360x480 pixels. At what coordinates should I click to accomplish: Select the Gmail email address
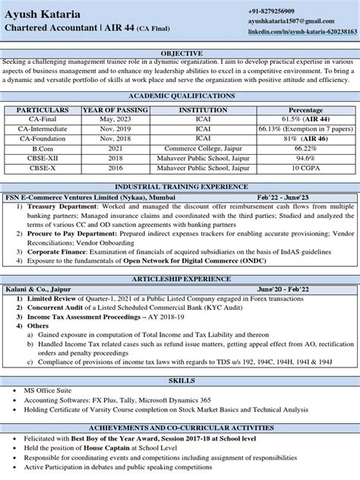tap(291, 23)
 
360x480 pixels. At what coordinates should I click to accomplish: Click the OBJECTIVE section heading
tap(180, 53)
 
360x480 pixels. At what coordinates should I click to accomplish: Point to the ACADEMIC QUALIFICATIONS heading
tap(180, 96)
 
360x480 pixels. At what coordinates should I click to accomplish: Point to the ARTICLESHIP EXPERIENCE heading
tap(180, 279)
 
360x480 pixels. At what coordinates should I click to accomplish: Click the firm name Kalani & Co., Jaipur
tap(39, 289)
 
